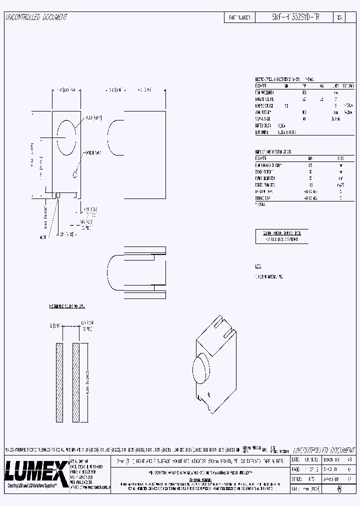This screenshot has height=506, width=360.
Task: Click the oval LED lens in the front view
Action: pyautogui.click(x=66, y=136)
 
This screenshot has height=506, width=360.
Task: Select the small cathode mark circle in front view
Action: pyautogui.click(x=74, y=174)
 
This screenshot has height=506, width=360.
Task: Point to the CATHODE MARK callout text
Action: pyautogui.click(x=92, y=152)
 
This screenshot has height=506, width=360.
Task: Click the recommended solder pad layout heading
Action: pyautogui.click(x=67, y=304)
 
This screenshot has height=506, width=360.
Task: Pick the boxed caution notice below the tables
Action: pyautogui.click(x=281, y=236)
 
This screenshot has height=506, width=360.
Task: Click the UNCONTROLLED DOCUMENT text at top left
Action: pyautogui.click(x=36, y=17)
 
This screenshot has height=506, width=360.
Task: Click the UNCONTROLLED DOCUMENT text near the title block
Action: pyautogui.click(x=322, y=449)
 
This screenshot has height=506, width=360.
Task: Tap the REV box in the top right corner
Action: pyautogui.click(x=340, y=17)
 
